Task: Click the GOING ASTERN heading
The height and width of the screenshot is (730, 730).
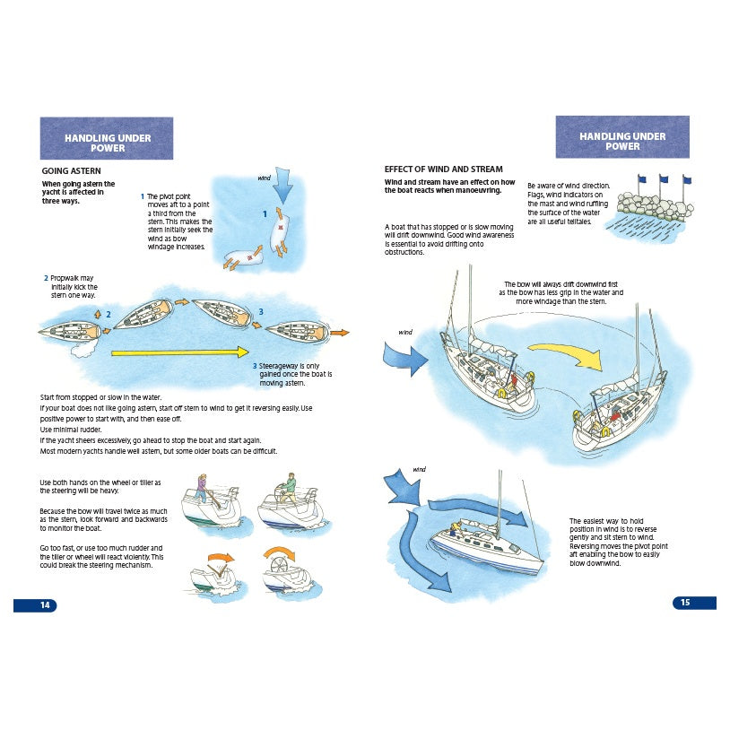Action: [71, 170]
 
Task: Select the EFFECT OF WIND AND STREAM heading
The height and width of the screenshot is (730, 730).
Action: [443, 169]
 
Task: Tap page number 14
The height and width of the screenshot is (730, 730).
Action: [36, 605]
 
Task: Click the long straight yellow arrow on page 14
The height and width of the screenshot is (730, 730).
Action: [179, 353]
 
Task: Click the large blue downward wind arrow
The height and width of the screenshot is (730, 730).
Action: [283, 188]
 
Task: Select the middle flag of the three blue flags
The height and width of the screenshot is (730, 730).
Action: [663, 180]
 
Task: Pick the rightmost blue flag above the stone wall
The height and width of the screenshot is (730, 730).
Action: [686, 180]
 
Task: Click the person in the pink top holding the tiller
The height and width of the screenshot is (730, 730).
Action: [203, 495]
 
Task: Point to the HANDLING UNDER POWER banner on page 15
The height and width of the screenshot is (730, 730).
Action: [622, 139]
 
